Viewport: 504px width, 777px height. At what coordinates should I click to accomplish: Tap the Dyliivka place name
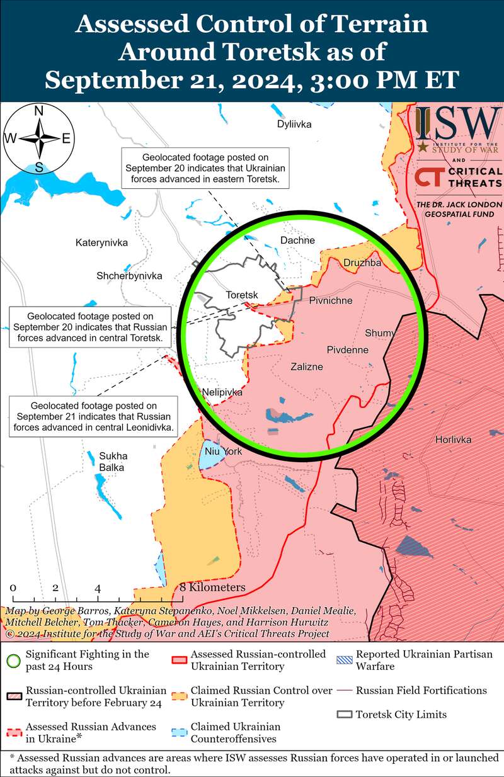294,124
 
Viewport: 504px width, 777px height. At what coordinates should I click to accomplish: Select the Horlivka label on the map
453,440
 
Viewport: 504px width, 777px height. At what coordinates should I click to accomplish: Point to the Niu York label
219,451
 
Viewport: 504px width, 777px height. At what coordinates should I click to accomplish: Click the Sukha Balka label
112,462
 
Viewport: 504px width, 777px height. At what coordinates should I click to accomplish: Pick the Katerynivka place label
101,242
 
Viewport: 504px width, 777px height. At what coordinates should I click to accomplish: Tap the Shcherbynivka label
129,276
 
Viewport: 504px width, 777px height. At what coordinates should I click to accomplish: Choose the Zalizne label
307,366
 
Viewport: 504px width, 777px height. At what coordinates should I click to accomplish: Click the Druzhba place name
362,263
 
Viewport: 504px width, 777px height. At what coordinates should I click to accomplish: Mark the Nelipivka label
222,392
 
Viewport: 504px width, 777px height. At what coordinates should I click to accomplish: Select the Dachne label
297,240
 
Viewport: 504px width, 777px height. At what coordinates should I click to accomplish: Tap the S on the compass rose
38,167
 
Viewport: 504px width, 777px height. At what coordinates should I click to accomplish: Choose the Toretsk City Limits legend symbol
345,715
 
